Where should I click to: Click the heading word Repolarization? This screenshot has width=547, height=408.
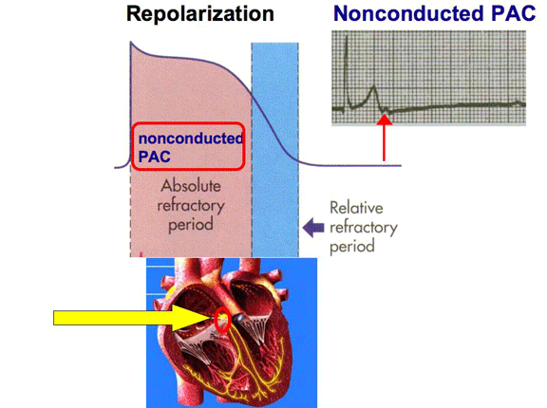tap(200, 15)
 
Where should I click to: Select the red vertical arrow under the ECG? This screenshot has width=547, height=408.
tap(385, 138)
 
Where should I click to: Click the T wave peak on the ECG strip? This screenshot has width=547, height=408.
tap(373, 86)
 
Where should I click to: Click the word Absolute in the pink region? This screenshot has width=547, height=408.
tap(191, 186)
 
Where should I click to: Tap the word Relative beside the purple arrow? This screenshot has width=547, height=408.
tap(356, 208)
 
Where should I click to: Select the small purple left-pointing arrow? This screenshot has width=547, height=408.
tap(313, 228)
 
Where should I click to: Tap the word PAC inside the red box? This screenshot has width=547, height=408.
tap(154, 157)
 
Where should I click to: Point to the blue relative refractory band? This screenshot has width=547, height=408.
tap(274, 150)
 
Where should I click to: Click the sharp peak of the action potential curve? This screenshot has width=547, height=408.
tap(131, 42)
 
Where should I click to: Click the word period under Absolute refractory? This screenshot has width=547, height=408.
tap(191, 225)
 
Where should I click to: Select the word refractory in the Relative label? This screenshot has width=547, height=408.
tap(364, 229)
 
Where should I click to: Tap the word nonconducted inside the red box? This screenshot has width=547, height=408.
tap(191, 139)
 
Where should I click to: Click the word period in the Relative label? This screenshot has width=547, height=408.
tap(352, 247)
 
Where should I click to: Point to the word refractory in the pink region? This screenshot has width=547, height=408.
tap(191, 206)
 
